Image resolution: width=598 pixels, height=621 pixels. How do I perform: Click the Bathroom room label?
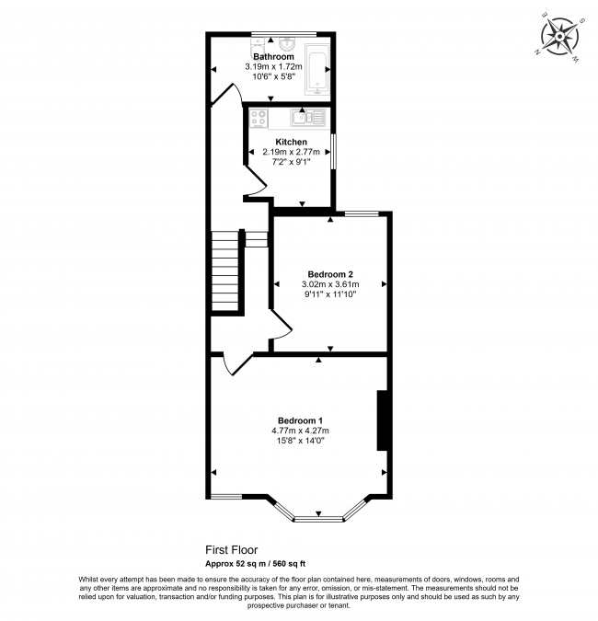[x=273, y=57]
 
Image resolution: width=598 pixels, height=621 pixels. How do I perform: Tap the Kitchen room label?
[x=291, y=142]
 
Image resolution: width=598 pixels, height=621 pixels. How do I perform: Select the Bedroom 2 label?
[x=330, y=274]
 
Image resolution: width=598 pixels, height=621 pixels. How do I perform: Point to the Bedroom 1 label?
[x=300, y=420]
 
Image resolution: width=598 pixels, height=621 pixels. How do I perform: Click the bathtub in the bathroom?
[x=316, y=69]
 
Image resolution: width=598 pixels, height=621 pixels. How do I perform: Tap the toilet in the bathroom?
[x=257, y=48]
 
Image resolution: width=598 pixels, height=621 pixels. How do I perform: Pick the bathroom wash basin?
[x=286, y=43]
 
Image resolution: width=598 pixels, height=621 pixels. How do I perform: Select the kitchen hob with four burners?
[x=259, y=119]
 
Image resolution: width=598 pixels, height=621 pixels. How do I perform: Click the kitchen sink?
[x=307, y=118]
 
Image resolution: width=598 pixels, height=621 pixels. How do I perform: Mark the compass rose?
[x=559, y=37]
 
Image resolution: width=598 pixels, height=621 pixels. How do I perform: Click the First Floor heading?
[x=231, y=550]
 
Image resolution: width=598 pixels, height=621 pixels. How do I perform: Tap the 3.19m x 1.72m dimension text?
[x=273, y=66]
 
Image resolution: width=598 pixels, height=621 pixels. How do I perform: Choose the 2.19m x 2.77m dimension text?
[x=291, y=152]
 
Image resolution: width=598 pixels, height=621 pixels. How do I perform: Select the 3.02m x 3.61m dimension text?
[x=330, y=284]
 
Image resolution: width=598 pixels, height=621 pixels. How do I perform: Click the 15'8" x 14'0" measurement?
[x=300, y=441]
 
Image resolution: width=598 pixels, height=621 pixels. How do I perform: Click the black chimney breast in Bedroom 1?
[x=382, y=420]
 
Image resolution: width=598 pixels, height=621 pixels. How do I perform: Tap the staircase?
[x=225, y=270]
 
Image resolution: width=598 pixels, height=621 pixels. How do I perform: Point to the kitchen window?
[x=333, y=152]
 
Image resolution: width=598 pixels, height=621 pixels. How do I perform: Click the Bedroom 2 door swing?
[x=282, y=326]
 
